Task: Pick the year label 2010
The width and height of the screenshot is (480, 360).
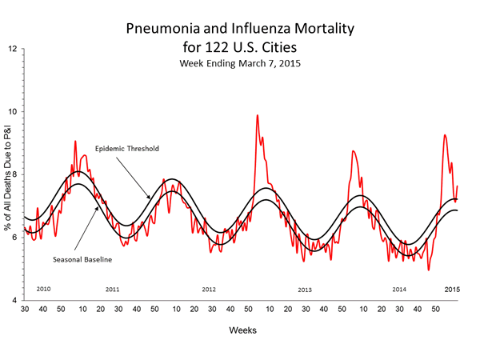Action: coord(45,287)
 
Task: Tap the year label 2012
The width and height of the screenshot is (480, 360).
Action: coord(209,288)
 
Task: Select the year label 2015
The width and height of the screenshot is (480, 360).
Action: coord(452,287)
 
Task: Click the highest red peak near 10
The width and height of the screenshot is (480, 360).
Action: coord(257,115)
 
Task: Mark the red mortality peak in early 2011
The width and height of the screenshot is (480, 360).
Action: coord(75,142)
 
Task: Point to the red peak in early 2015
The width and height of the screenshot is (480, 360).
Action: coord(445,135)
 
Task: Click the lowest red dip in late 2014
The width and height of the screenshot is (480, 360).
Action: coord(430,270)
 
